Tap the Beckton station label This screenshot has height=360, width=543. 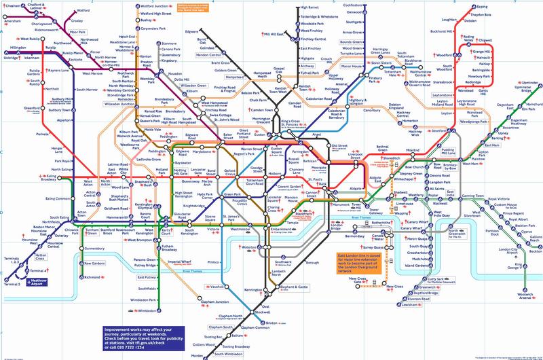(534, 240)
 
